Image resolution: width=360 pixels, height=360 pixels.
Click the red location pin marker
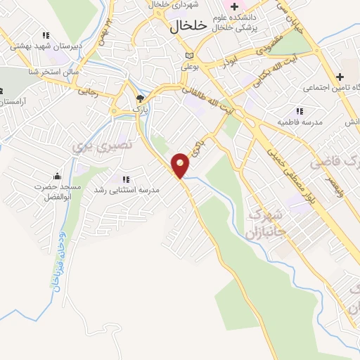click(181, 165)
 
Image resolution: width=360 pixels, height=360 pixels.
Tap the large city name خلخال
click(189, 25)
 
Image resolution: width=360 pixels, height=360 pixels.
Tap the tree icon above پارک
click(140, 98)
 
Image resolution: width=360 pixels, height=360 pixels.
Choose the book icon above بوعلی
click(188, 56)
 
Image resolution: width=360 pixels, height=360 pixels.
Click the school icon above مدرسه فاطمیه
click(300, 111)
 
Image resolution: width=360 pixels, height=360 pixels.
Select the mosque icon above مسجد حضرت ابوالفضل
click(57, 176)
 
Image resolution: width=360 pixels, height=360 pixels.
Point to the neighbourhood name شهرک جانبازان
click(265, 221)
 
